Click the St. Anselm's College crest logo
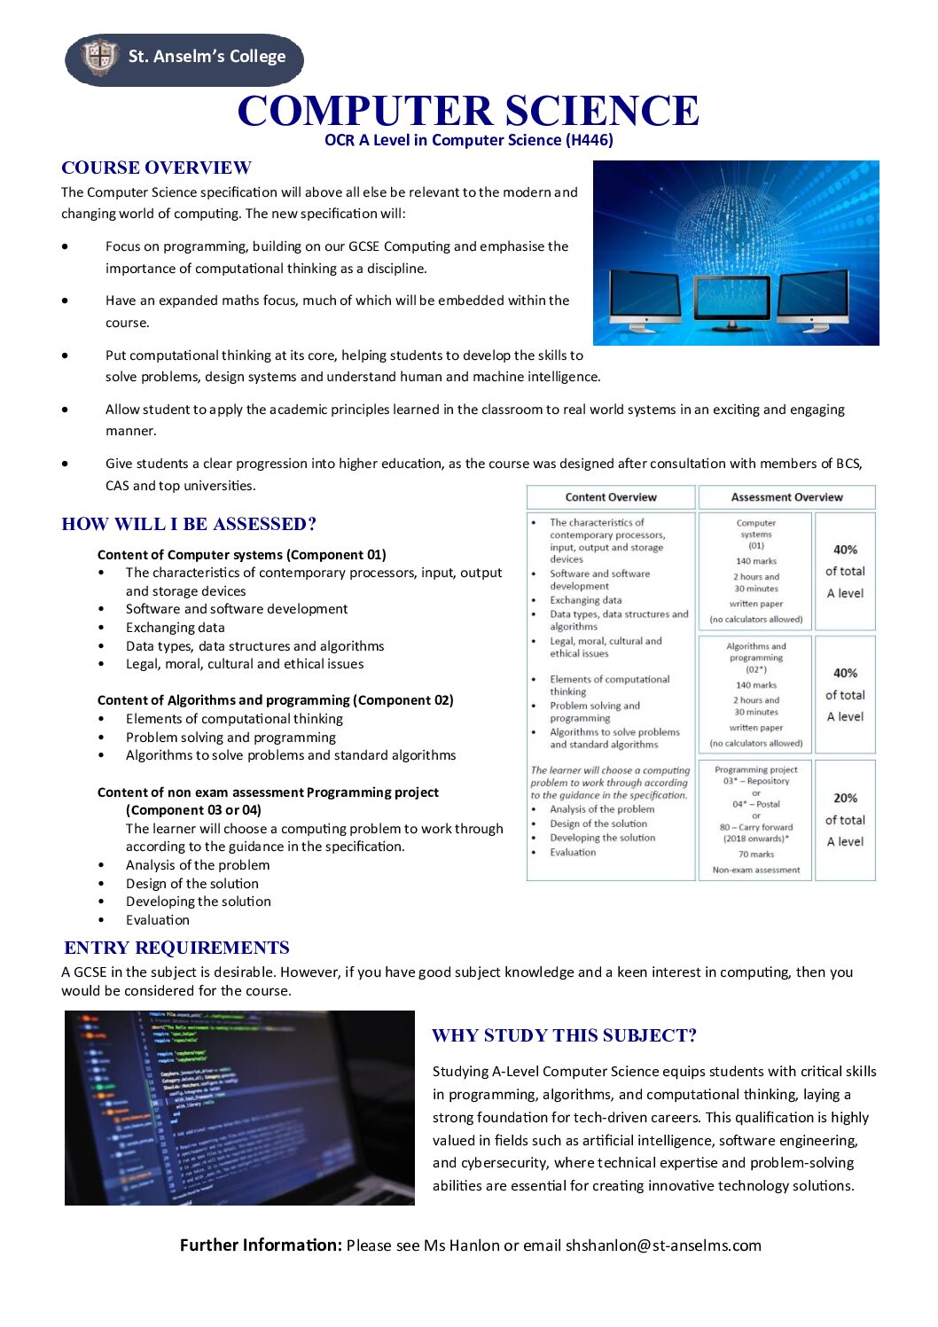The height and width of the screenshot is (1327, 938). coord(99,58)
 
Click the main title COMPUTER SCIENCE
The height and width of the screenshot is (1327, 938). coord(468,112)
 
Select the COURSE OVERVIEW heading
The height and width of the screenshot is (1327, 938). coord(156,168)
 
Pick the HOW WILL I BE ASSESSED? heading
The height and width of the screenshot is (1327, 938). coord(189,525)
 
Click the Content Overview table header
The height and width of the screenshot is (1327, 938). coord(611,497)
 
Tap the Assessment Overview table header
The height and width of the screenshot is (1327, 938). coord(786,497)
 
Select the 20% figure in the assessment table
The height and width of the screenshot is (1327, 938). coord(845,798)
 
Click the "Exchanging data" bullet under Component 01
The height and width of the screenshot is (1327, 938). coord(175,628)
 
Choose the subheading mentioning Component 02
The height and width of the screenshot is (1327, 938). coord(275,700)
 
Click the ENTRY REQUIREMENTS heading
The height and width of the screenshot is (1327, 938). coord(176,948)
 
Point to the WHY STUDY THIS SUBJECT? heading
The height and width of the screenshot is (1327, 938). coord(564,1036)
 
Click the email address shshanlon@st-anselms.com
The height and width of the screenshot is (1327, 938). coord(663,1245)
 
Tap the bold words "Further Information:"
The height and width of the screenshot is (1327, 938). coord(261,1245)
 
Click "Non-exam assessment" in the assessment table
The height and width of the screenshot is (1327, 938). coord(755,870)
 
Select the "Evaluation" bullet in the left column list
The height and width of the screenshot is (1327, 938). coord(157,920)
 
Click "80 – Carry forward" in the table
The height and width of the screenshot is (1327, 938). coord(755,827)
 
